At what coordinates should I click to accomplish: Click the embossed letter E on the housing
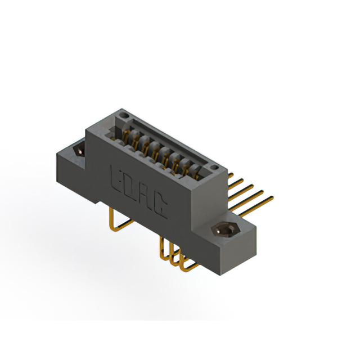pos(118,177)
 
